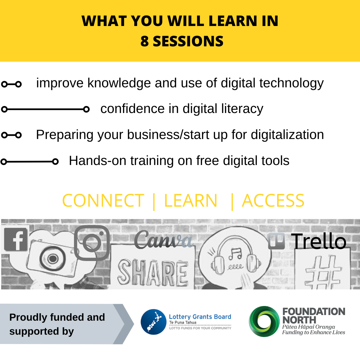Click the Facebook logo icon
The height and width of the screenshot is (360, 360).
(16, 239)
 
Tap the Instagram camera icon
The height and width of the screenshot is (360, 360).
(92, 243)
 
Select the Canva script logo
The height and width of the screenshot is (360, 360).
(163, 240)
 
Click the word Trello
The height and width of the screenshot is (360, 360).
(318, 241)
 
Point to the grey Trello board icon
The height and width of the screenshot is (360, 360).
(276, 241)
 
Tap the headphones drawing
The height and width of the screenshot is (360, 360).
(236, 255)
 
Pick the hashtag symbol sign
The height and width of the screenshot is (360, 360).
(323, 272)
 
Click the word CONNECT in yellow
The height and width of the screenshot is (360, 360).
(103, 201)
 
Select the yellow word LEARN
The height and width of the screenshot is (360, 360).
(191, 201)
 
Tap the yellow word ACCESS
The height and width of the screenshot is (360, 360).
(273, 201)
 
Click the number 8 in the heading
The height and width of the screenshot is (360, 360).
(144, 41)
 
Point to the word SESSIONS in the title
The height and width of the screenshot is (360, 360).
(188, 41)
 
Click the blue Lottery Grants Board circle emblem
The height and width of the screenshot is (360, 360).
(153, 322)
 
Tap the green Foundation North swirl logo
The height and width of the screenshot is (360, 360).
(264, 321)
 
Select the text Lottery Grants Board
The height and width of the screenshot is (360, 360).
(200, 317)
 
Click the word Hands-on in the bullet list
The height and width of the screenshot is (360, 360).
(98, 160)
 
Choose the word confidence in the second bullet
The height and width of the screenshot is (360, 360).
(133, 109)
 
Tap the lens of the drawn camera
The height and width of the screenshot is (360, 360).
(53, 259)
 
